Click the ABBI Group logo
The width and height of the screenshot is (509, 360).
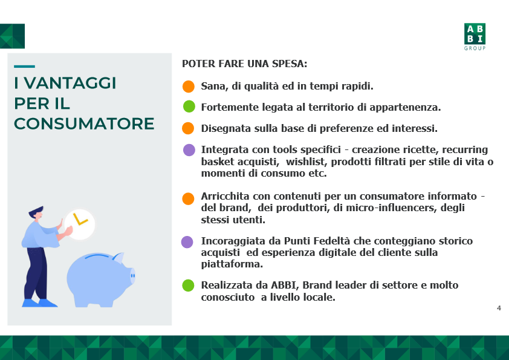[475, 37]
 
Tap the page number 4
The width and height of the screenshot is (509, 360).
[499, 308]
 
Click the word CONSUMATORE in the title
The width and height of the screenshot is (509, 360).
[84, 124]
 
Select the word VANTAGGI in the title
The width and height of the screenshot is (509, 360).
[70, 83]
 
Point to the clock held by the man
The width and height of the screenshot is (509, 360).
[80, 224]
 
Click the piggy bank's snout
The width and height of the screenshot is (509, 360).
[132, 276]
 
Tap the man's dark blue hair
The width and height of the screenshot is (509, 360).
[36, 211]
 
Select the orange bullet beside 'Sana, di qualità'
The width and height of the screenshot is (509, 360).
[188, 87]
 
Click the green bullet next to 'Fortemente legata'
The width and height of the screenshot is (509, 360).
[189, 106]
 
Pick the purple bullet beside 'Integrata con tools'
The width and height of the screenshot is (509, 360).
[189, 150]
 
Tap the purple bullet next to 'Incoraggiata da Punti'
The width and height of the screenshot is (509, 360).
[187, 242]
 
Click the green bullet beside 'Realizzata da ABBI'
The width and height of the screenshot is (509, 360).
[188, 286]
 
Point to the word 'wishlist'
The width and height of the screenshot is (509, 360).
[305, 162]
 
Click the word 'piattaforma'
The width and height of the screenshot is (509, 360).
[232, 264]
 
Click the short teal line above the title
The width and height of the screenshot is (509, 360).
[24, 67]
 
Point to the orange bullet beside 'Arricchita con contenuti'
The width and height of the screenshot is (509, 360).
[188, 198]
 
